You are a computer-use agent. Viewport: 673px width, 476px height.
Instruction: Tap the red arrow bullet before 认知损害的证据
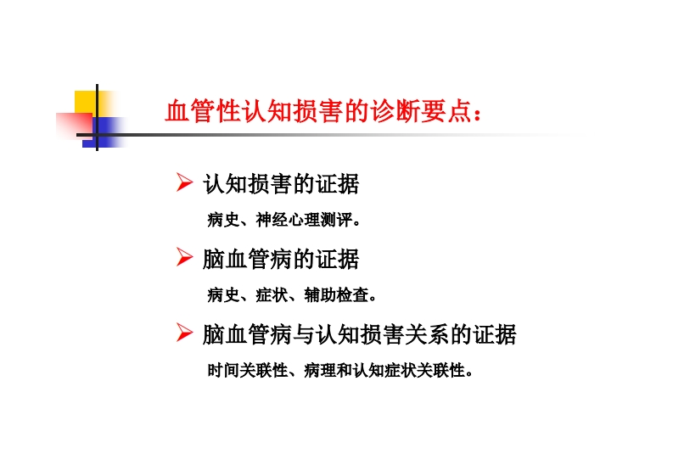tap(184, 182)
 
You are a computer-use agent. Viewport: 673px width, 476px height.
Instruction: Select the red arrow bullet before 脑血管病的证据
tap(184, 257)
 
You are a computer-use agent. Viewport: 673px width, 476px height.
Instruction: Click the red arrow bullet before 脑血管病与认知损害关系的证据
tap(184, 333)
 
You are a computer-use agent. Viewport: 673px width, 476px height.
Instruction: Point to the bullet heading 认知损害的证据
tap(281, 184)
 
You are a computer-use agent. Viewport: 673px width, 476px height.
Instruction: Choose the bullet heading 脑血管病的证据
tap(281, 260)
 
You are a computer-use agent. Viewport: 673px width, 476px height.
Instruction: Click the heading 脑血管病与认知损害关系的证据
tap(360, 334)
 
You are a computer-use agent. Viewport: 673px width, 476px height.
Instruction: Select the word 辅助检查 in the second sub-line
tap(336, 295)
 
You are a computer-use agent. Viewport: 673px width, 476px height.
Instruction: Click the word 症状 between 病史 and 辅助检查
tap(272, 295)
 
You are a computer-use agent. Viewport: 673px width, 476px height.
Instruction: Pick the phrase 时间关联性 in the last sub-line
tap(248, 370)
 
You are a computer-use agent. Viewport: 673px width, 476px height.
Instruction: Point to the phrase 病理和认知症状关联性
tap(384, 370)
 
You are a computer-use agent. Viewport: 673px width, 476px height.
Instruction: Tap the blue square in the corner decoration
tap(105, 132)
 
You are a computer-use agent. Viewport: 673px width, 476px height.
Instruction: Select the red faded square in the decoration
tap(74, 126)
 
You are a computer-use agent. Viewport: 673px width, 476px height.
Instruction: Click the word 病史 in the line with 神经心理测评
tap(223, 220)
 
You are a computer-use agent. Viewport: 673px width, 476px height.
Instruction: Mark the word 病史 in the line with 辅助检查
tap(223, 295)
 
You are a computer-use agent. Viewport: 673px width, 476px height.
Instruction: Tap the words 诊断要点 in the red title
tap(422, 111)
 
